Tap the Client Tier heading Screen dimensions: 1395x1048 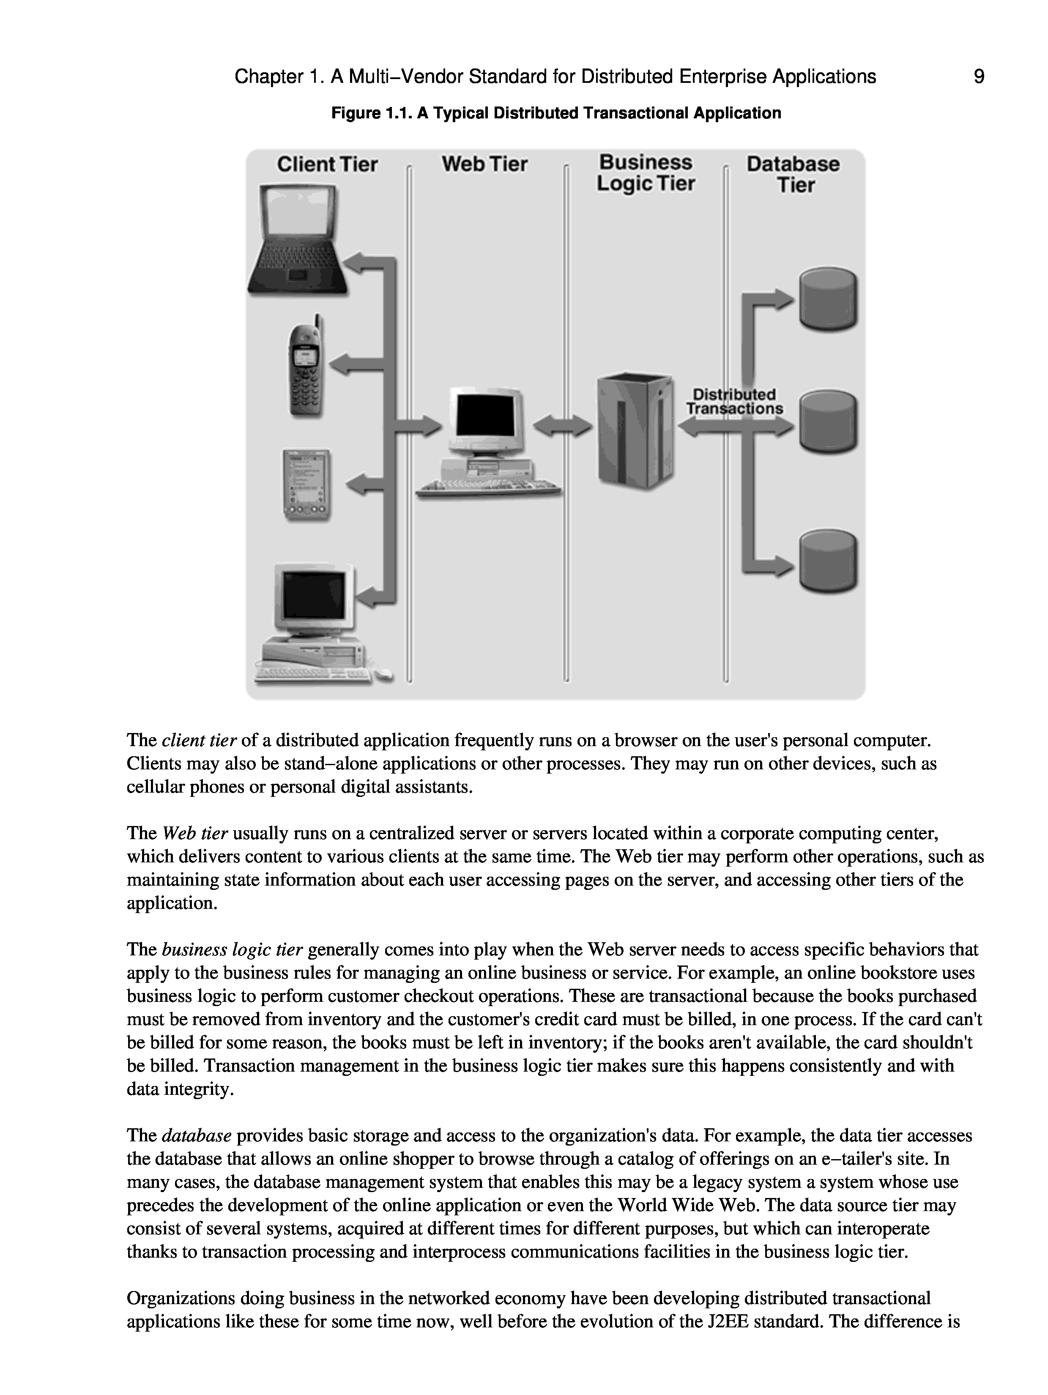tap(327, 164)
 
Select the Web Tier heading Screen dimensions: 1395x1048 tap(484, 164)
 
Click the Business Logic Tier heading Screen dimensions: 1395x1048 tap(645, 173)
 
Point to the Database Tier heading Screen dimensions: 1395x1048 tap(793, 174)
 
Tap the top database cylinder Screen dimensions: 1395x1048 tap(828, 300)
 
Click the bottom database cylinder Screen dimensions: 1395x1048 tap(828, 561)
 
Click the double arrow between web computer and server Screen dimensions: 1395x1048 tap(562, 427)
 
